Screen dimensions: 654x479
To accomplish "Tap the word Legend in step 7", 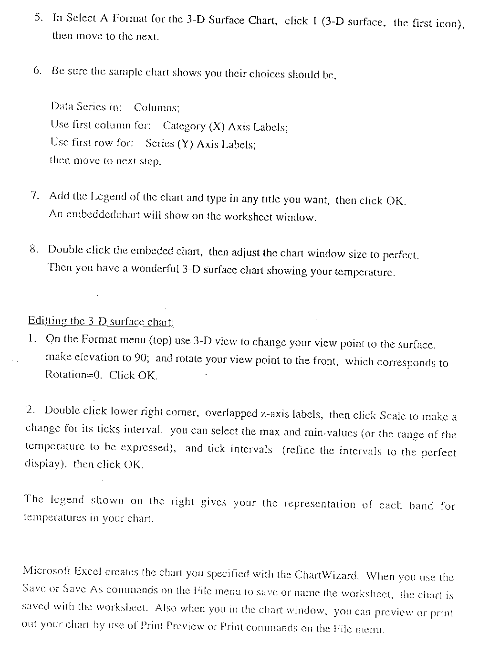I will (108, 196).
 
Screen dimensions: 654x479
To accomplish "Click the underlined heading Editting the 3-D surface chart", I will (101, 321).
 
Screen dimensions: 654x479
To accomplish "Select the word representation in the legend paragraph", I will (319, 504).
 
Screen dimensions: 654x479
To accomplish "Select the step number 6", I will (37, 71).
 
